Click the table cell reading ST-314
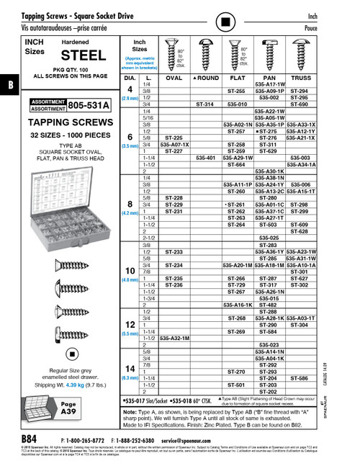(205, 104)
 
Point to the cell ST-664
(237, 163)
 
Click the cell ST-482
(268, 305)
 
